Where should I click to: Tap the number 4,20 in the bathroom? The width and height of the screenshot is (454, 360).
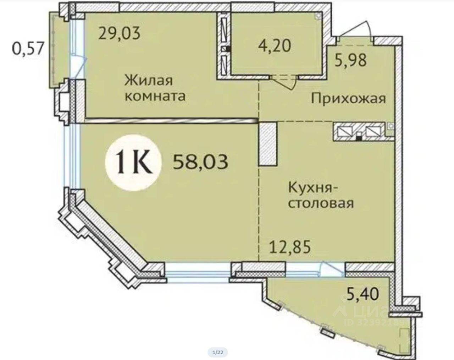pyautogui.click(x=275, y=45)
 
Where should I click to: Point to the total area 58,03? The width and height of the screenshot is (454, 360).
pyautogui.click(x=200, y=162)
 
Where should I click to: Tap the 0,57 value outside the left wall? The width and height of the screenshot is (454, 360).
pyautogui.click(x=28, y=48)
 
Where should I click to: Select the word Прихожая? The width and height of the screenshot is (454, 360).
pyautogui.click(x=348, y=98)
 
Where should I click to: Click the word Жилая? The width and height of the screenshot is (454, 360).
pyautogui.click(x=149, y=81)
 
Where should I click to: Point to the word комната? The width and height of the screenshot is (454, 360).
pyautogui.click(x=155, y=96)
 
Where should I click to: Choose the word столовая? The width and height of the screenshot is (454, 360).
pyautogui.click(x=321, y=203)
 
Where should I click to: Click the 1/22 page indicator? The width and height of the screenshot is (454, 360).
pyautogui.click(x=217, y=352)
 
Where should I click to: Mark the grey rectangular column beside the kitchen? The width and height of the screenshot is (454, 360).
pyautogui.click(x=268, y=143)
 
